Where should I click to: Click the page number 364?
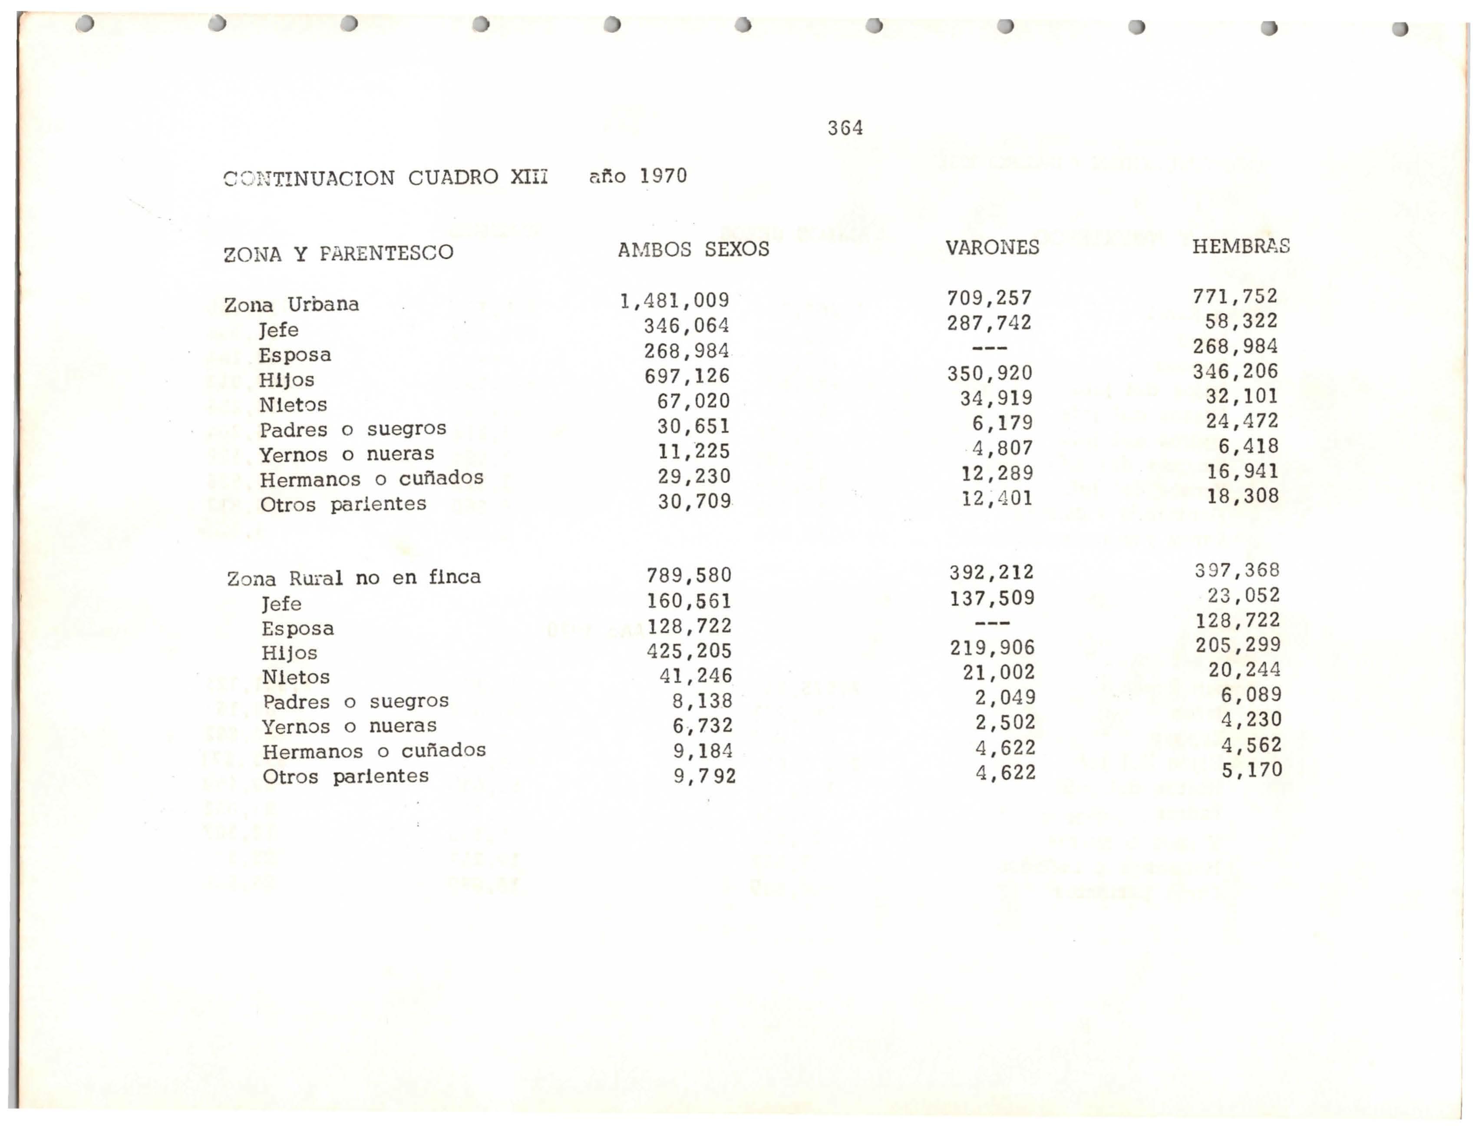(845, 128)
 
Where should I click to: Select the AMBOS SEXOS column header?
(693, 249)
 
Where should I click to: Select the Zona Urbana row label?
(291, 305)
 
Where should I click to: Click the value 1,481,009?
(674, 300)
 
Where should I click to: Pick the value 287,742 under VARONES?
(989, 323)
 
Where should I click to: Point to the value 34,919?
(996, 399)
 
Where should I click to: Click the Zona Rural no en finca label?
(354, 578)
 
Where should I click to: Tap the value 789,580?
(689, 575)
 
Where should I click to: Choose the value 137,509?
(993, 598)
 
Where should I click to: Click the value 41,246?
(696, 675)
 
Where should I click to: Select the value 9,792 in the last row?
(704, 776)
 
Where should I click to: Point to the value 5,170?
(1252, 770)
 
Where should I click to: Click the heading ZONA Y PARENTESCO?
(338, 254)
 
